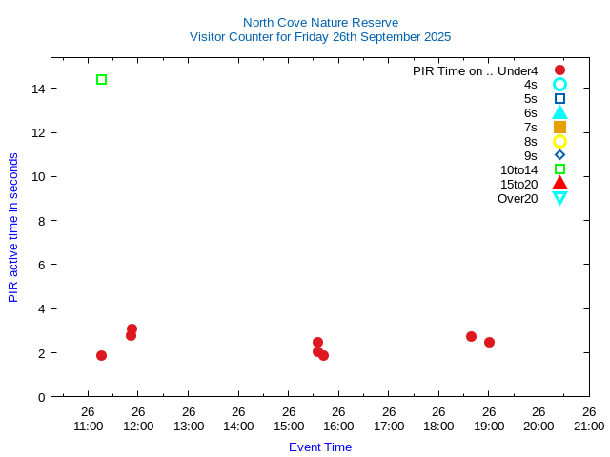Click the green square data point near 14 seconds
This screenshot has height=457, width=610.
pyautogui.click(x=101, y=80)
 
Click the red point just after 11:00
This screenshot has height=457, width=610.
pyautogui.click(x=101, y=355)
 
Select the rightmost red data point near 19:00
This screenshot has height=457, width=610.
pyautogui.click(x=489, y=342)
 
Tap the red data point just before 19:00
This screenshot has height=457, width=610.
pyautogui.click(x=471, y=336)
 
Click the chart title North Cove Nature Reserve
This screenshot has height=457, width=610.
pyautogui.click(x=320, y=22)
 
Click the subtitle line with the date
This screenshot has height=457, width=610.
pyautogui.click(x=320, y=37)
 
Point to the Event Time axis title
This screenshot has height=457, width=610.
pyautogui.click(x=320, y=447)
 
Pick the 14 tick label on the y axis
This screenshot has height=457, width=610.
pyautogui.click(x=38, y=89)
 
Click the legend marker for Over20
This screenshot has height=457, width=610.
pyautogui.click(x=559, y=198)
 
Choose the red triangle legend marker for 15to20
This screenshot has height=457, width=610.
pyautogui.click(x=559, y=184)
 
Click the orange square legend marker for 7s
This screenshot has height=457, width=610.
pyautogui.click(x=559, y=127)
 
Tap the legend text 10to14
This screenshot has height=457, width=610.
pyautogui.click(x=518, y=169)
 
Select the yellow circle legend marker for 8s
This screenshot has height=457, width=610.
pyautogui.click(x=559, y=141)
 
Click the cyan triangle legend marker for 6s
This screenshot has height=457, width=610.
pyautogui.click(x=559, y=112)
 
